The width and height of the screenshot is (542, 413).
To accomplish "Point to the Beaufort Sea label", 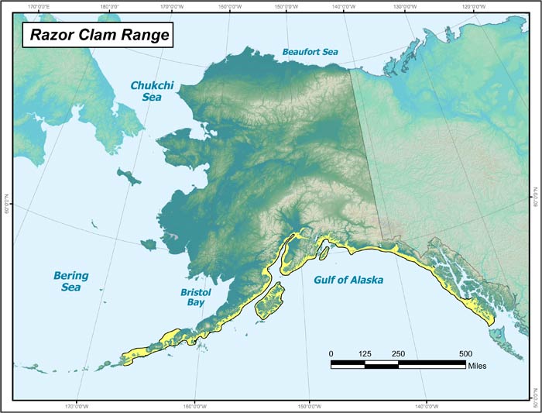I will pos(310,52).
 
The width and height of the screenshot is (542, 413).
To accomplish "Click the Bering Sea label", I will pos(71,281).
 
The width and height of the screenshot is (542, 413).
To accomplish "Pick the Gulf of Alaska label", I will pos(348,280).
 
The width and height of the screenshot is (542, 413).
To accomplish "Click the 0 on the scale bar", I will pos(331,354).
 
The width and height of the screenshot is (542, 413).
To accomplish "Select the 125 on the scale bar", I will pos(365,354).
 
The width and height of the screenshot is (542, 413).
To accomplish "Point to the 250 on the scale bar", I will pos(398,354).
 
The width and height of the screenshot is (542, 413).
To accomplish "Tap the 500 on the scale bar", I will pos(465,354).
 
